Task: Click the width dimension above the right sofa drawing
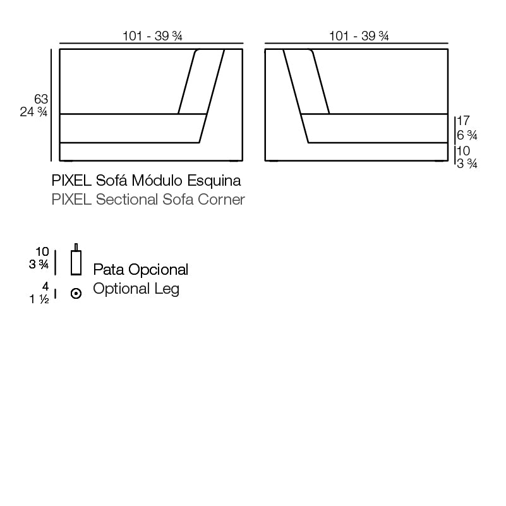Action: [358, 37]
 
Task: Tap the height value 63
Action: [41, 99]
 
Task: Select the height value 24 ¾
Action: [34, 112]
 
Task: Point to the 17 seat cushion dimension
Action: [463, 121]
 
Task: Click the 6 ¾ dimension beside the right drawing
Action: [467, 135]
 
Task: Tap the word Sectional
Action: [124, 200]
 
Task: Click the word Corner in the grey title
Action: [221, 200]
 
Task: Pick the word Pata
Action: [108, 270]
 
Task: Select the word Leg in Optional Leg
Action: [167, 289]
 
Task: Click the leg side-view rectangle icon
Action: [76, 262]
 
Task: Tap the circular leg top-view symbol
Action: [76, 294]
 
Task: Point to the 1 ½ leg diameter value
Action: [39, 299]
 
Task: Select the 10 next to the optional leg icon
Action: [42, 252]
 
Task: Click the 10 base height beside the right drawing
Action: [463, 151]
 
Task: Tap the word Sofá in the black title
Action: [110, 181]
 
